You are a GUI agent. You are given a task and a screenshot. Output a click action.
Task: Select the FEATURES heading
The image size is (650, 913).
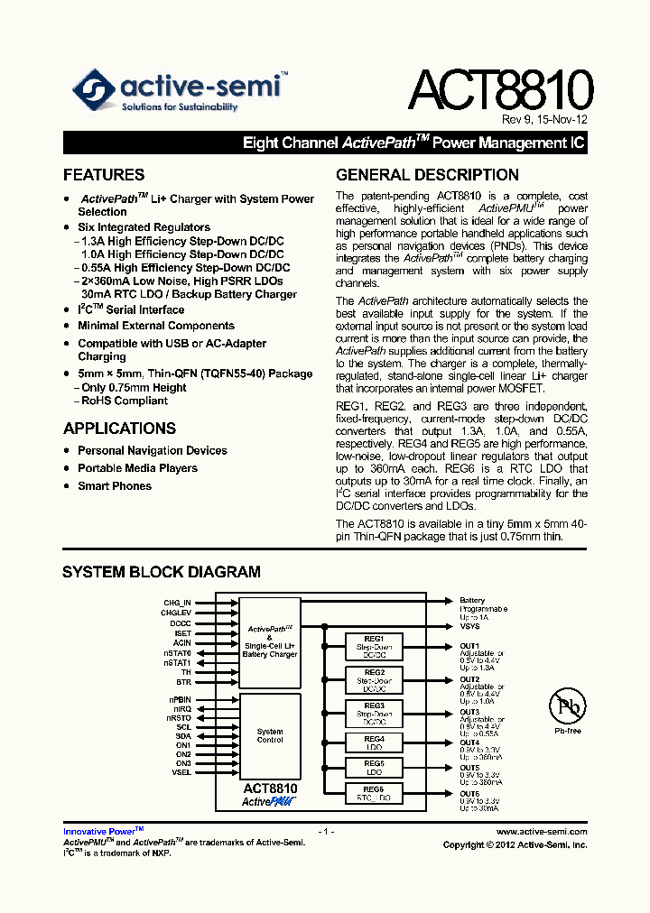104,175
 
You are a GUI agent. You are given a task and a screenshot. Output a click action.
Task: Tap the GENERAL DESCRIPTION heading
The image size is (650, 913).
427,175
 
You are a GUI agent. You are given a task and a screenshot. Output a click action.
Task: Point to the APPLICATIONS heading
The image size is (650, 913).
119,429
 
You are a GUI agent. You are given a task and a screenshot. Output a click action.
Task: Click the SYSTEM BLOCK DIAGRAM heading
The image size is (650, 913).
161,572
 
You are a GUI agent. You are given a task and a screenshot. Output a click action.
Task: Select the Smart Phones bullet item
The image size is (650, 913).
115,486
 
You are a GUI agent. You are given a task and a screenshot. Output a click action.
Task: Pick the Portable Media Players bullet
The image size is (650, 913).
137,468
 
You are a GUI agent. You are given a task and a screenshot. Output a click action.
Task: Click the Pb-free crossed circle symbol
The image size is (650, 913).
568,706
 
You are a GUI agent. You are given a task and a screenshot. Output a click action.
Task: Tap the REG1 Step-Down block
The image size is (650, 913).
374,647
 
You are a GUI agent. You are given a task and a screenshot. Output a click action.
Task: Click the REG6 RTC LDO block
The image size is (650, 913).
374,794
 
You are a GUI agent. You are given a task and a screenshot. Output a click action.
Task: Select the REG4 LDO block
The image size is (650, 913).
374,743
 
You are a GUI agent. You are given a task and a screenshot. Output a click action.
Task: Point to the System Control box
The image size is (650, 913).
270,736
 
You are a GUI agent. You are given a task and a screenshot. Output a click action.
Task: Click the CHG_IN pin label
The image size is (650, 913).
177,602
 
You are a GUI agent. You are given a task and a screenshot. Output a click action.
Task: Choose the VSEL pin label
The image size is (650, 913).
181,772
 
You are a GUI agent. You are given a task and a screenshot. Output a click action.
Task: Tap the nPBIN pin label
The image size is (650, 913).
179,700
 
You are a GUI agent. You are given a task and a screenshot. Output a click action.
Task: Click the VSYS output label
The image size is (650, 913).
469,626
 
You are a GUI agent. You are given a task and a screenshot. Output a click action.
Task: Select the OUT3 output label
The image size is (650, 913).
469,712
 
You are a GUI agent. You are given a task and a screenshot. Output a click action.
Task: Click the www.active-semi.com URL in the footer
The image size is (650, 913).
542,832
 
